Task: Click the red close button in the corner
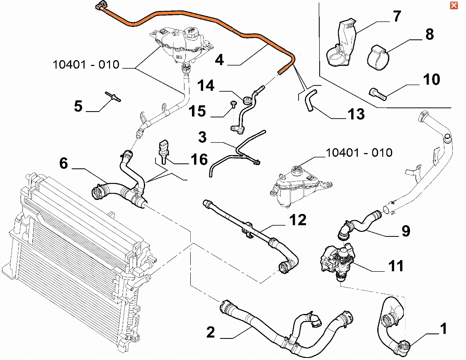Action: point(454,5)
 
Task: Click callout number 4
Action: point(219,60)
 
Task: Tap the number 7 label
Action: point(397,17)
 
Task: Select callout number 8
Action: point(429,34)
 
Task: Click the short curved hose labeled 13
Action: point(310,102)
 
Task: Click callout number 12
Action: point(298,219)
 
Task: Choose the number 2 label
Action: point(211,331)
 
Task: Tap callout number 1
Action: point(443,329)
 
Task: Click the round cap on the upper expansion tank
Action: point(192,32)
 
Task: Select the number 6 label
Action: point(63,163)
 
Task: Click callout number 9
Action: point(405,230)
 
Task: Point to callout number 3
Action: point(202,137)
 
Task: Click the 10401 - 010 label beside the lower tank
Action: point(359,152)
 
